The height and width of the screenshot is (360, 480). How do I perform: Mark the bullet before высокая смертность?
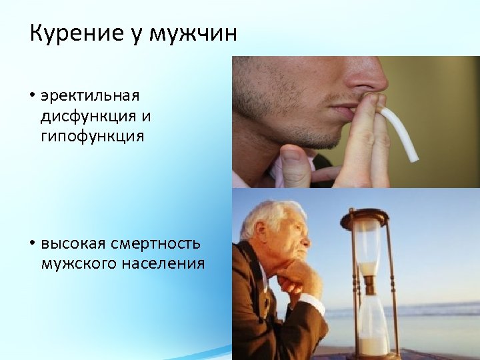point(32,243)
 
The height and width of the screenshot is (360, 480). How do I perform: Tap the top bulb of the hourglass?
point(367,247)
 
